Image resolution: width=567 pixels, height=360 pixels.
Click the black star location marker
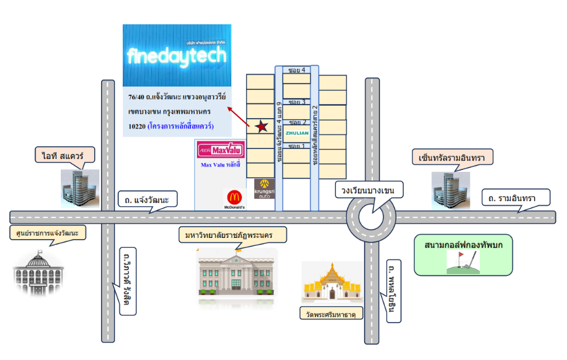(262, 126)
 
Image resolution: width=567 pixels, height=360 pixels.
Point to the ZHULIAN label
(297, 133)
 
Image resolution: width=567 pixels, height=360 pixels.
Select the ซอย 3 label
(297, 102)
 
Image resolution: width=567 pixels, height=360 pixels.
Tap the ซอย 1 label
(297, 146)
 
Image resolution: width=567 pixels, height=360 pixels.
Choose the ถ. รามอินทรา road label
(516, 198)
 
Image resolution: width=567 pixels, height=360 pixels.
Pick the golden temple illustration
(331, 283)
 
